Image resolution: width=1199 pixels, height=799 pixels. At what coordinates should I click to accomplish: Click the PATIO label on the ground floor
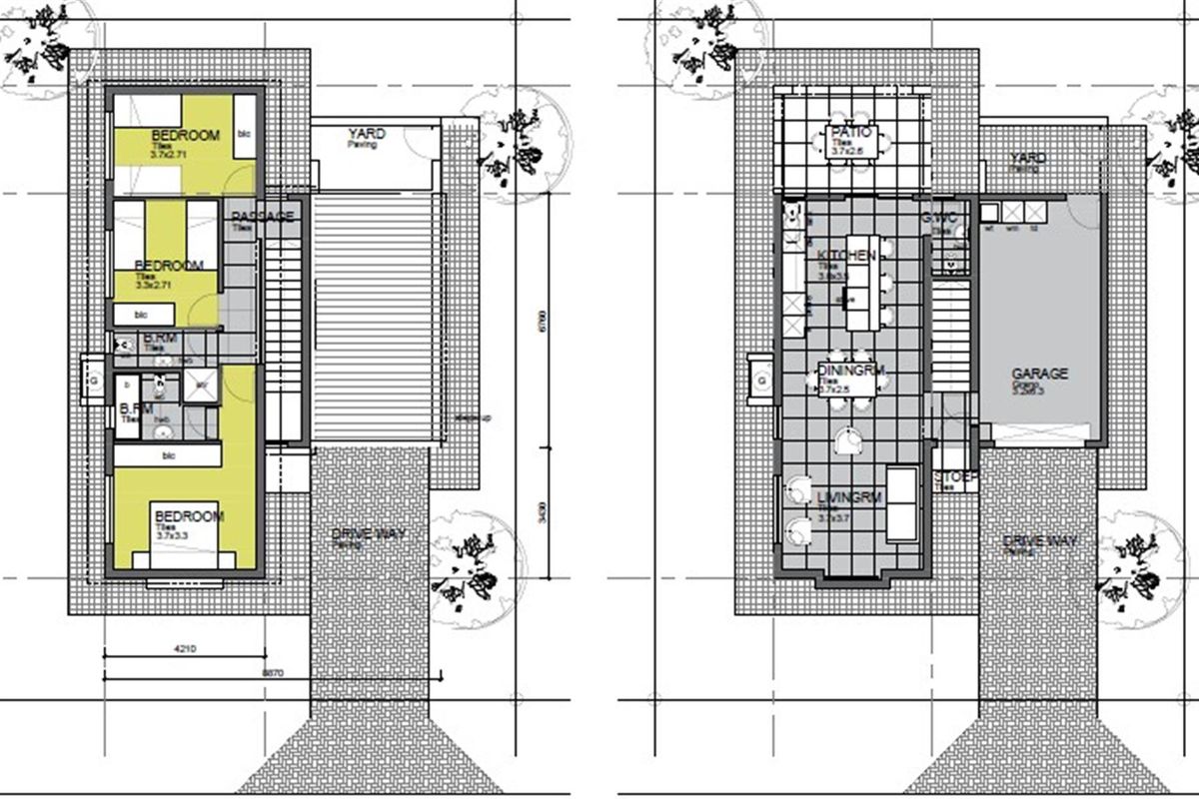[x=852, y=133]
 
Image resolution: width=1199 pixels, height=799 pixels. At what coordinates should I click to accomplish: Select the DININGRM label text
[x=852, y=372]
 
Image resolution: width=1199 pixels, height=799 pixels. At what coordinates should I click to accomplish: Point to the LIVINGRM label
[x=851, y=497]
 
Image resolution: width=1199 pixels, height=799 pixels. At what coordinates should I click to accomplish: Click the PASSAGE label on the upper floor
[x=262, y=217]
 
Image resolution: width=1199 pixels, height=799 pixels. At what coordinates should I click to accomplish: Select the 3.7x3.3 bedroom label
[x=188, y=517]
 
